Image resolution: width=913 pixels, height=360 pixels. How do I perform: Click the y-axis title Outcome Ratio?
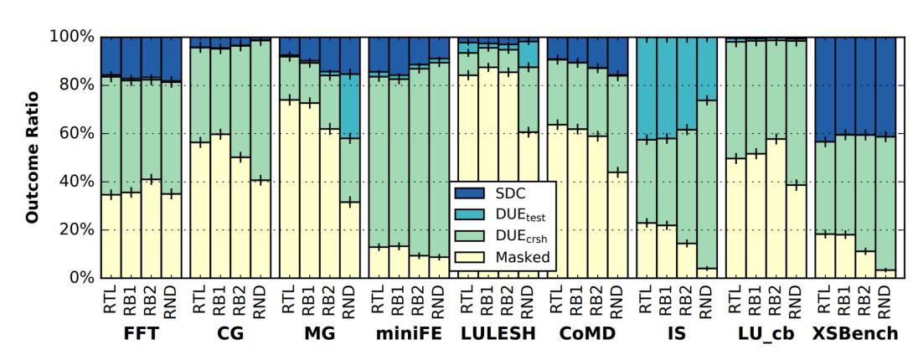[34, 157]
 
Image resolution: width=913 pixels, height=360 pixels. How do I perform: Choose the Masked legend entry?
[507, 257]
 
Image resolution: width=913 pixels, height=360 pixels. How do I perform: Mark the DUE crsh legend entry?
[507, 234]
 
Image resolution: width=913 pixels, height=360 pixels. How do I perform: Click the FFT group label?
[141, 334]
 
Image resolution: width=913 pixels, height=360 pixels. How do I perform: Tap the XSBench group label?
[855, 334]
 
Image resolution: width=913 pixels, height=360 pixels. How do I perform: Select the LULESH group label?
[497, 334]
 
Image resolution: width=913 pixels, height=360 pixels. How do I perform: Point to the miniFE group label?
[409, 334]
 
